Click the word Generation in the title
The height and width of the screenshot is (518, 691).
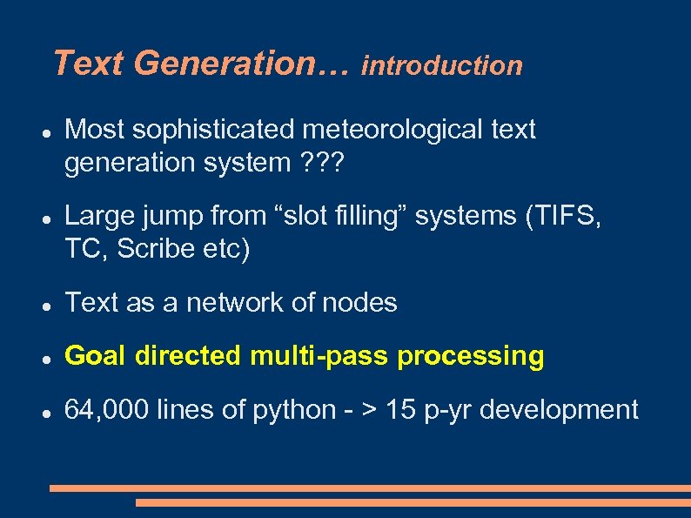click(x=241, y=64)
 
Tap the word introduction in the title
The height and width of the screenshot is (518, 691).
click(x=442, y=65)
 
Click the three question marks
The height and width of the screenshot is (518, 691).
click(x=322, y=163)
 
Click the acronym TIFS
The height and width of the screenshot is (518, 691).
click(x=566, y=216)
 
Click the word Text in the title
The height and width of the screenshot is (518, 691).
click(x=90, y=64)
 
